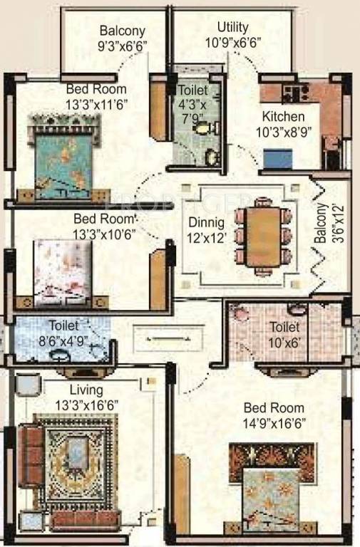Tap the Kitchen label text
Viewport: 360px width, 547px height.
[283, 116]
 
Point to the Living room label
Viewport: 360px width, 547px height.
[86, 390]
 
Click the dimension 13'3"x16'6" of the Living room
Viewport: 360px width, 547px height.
[86, 405]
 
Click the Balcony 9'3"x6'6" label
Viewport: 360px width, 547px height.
[122, 38]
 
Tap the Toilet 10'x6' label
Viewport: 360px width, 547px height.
[283, 335]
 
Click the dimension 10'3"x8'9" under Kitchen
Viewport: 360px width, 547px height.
[283, 130]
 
